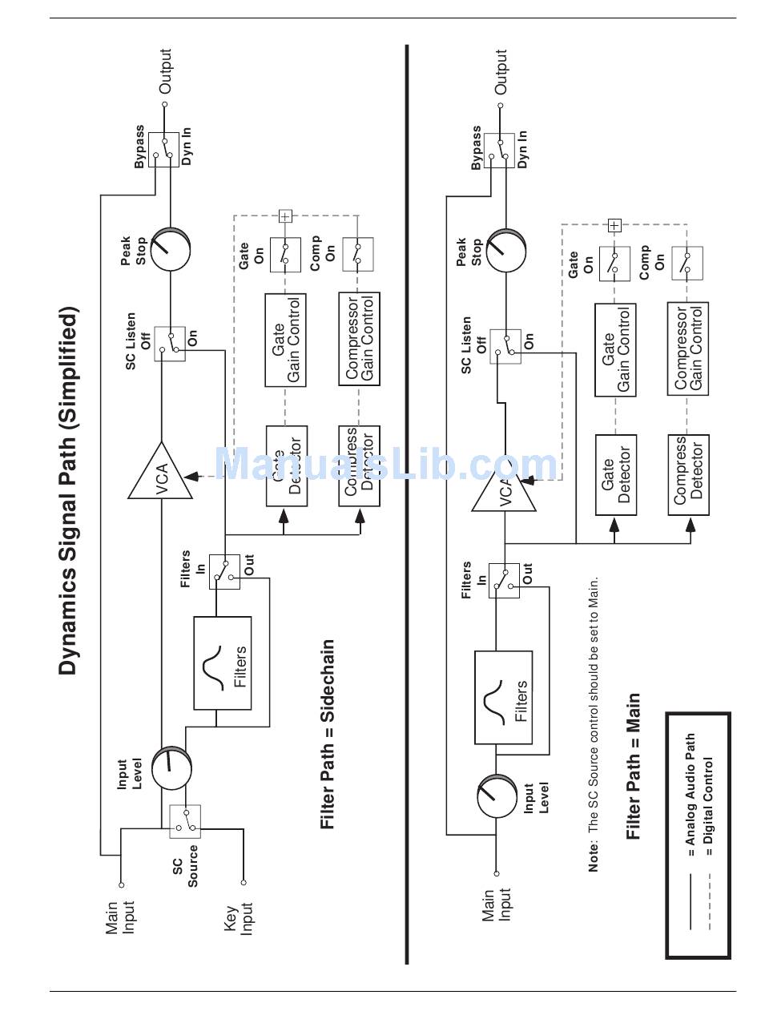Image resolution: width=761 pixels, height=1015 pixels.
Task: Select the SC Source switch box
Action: pos(185,822)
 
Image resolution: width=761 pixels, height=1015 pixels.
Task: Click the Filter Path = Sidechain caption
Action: pos(327,734)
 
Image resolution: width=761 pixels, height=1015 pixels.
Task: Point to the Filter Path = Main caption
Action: pos(634,766)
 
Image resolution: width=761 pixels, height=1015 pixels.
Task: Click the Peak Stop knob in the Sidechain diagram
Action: pos(171,249)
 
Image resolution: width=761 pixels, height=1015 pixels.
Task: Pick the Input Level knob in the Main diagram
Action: pos(497,796)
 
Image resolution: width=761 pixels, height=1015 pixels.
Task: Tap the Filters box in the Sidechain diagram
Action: pos(223,663)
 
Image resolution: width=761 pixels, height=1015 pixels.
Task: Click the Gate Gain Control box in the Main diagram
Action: pos(615,350)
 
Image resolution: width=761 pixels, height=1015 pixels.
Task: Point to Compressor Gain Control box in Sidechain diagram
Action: pos(359,339)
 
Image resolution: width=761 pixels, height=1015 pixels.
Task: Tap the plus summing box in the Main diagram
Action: pos(614,226)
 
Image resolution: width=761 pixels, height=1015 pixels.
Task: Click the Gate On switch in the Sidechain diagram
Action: pos(285,255)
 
